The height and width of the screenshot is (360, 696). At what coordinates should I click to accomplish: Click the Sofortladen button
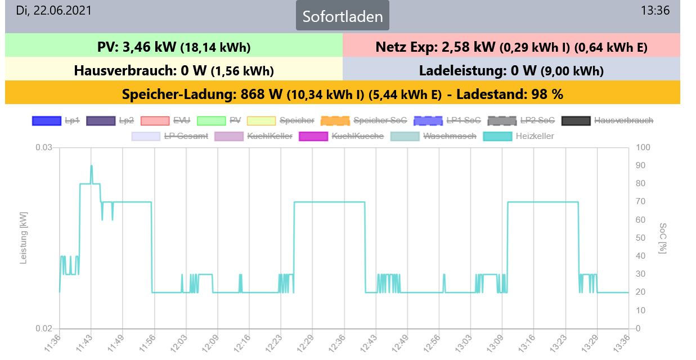[343, 16]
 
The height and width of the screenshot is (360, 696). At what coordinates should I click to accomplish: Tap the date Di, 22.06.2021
[53, 11]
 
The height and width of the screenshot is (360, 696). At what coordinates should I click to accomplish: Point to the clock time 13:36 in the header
[655, 11]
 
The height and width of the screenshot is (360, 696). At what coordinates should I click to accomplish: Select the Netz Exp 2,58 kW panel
[511, 47]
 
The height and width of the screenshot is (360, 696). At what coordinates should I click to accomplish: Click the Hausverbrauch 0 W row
[173, 71]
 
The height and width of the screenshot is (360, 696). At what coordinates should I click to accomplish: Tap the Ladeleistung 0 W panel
[511, 71]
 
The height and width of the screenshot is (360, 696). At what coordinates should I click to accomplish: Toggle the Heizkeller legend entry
[518, 136]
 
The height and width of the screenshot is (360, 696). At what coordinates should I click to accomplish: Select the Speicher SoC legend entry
[363, 120]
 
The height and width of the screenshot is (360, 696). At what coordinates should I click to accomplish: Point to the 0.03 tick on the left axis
[44, 147]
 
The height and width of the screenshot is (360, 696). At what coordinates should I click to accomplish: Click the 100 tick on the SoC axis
[642, 147]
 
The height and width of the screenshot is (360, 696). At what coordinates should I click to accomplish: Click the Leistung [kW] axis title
[24, 238]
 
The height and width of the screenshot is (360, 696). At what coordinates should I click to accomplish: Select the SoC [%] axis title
[662, 238]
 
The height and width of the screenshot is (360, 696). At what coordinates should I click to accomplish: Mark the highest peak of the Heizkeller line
[91, 165]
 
